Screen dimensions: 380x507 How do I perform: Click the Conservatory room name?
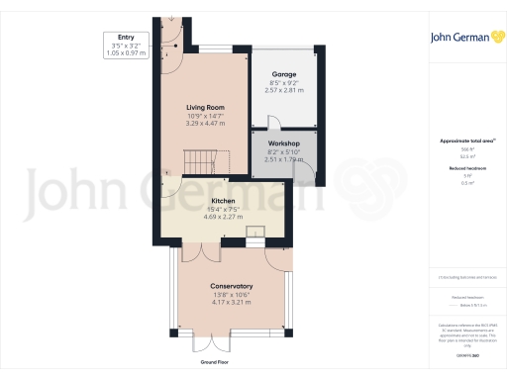tap(232, 286)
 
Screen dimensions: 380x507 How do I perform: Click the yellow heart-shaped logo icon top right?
tap(484, 37)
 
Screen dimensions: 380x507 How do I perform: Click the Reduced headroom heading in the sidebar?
tap(464, 168)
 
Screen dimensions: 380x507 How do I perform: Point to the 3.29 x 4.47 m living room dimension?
tap(206, 123)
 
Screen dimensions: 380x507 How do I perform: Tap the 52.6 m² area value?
tap(464, 155)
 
